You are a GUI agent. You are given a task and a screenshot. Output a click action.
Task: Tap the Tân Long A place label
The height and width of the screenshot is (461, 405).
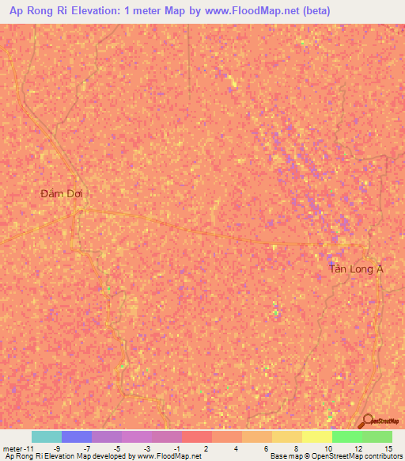pyautogui.click(x=356, y=269)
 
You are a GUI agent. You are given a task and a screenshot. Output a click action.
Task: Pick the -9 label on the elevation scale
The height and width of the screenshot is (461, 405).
pyautogui.click(x=58, y=448)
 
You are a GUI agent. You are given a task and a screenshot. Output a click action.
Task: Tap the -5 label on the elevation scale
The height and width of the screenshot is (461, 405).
pyautogui.click(x=117, y=448)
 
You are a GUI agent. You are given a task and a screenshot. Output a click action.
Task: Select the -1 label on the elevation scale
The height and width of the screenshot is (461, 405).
pyautogui.click(x=176, y=448)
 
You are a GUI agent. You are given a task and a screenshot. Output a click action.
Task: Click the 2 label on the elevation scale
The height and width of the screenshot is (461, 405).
pyautogui.click(x=207, y=448)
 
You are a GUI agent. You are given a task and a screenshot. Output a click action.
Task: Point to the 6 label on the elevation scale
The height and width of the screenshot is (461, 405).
pyautogui.click(x=267, y=448)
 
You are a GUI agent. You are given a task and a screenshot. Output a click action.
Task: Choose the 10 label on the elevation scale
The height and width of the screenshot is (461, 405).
pyautogui.click(x=327, y=448)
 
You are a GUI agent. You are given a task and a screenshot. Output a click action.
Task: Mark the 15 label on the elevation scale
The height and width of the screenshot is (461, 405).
pyautogui.click(x=388, y=448)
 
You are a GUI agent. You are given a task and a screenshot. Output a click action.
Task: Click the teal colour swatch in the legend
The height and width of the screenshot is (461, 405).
pyautogui.click(x=47, y=436)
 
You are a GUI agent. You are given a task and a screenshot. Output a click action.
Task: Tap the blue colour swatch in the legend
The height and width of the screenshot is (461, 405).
pyautogui.click(x=77, y=436)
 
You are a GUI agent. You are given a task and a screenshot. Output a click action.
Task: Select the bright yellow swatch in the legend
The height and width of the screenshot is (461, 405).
pyautogui.click(x=317, y=436)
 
